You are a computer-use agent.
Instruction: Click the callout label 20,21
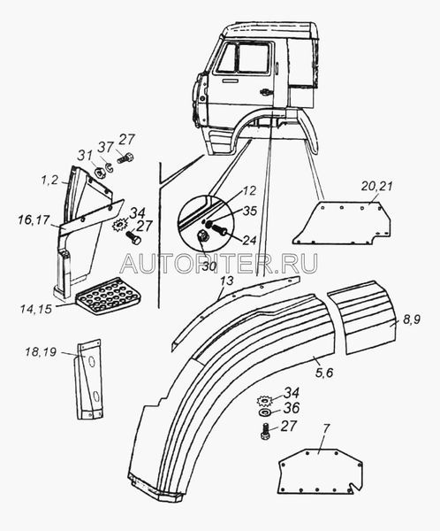tap(377, 187)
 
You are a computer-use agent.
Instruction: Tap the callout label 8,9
tap(412, 319)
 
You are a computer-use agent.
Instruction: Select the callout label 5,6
tap(324, 373)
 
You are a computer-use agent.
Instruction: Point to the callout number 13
tap(227, 281)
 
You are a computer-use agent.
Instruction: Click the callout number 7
tap(326, 428)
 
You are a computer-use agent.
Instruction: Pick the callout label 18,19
tap(41, 352)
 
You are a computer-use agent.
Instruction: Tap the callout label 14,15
tap(36, 309)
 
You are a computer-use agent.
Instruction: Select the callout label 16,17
tap(34, 221)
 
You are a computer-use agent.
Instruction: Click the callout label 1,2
tap(50, 181)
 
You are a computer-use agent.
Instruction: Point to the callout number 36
tap(292, 408)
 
